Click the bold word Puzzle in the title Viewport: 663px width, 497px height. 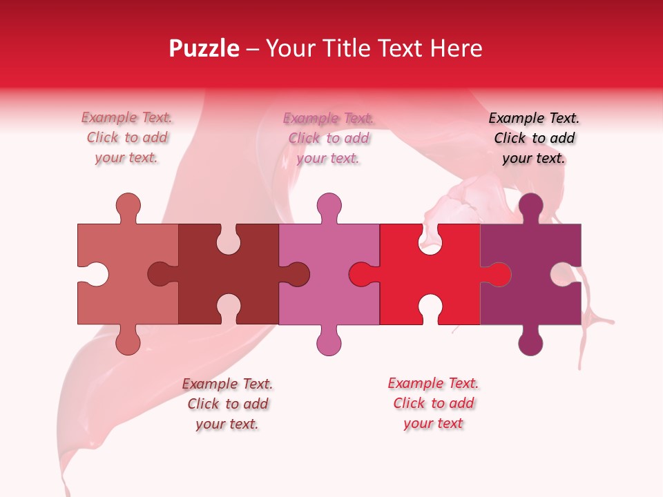tap(204, 48)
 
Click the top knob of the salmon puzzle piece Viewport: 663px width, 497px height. tap(128, 206)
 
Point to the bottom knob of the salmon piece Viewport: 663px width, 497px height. tap(128, 342)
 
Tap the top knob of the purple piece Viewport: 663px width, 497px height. tap(530, 206)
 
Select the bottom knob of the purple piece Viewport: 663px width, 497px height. tap(530, 342)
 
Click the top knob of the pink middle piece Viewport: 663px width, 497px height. tap(329, 206)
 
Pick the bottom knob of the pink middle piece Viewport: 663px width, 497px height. tap(329, 342)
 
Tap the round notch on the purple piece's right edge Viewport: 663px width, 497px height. tap(562, 274)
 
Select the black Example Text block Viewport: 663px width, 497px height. tap(534, 138)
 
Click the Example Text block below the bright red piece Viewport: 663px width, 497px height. tap(433, 403)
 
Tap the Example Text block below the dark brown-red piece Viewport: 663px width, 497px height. tap(227, 404)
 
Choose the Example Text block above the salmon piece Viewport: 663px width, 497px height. tap(126, 138)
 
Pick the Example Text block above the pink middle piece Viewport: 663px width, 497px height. tap(329, 138)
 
